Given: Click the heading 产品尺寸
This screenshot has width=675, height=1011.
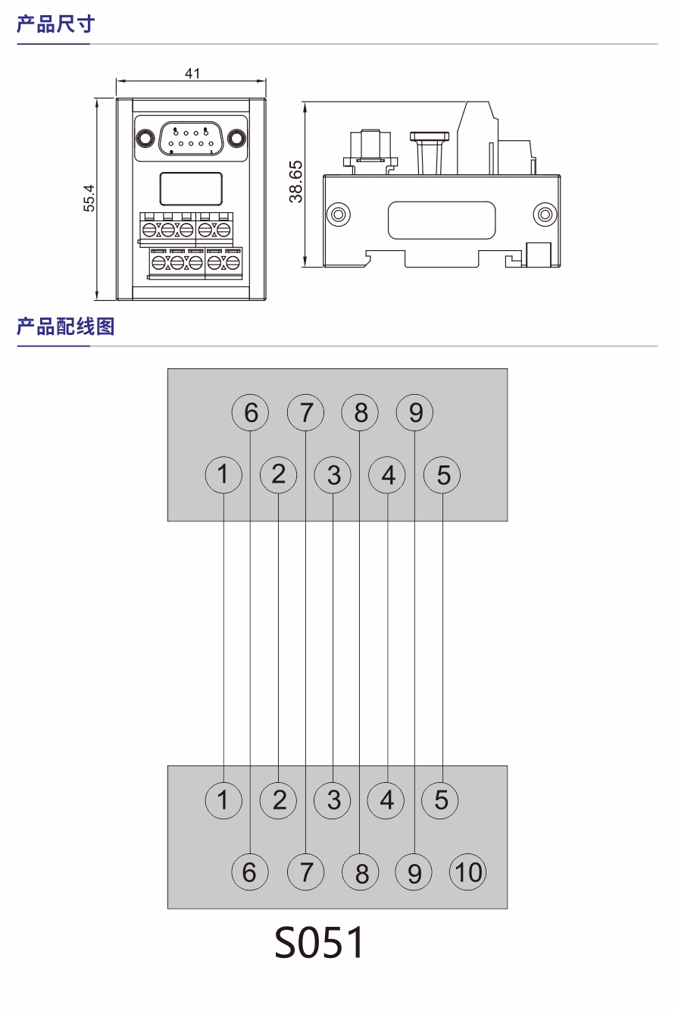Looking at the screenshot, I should (x=55, y=24).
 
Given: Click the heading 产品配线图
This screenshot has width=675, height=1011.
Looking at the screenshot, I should (x=65, y=327).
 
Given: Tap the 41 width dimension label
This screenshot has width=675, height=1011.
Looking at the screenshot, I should (x=192, y=73).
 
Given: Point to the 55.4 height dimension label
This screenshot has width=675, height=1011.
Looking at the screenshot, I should (x=89, y=198).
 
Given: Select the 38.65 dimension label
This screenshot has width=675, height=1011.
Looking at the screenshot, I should (x=296, y=181).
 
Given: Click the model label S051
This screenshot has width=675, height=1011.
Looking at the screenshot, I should (x=319, y=943).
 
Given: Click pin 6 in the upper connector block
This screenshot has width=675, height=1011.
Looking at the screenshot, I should (x=251, y=413).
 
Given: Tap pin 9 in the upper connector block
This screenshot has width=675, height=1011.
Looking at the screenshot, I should (x=415, y=413).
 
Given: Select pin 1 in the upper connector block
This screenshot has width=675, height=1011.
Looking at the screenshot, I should (x=223, y=475).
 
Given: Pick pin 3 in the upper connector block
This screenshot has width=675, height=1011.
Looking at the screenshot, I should (x=333, y=475).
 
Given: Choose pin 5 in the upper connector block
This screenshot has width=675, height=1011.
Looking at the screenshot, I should (x=443, y=475).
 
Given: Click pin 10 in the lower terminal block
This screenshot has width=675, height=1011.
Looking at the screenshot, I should (x=468, y=872).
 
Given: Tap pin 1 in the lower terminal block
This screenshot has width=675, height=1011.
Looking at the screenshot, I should (x=223, y=800).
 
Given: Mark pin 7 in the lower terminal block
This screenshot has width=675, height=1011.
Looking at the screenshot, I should (x=305, y=872).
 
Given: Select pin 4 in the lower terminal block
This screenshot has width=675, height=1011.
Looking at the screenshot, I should (x=387, y=800).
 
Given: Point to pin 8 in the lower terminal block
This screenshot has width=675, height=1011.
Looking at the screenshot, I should (x=361, y=872).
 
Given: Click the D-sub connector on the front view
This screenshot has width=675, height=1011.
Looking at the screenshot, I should (x=190, y=139).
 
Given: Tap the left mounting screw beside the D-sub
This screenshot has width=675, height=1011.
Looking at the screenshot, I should (x=143, y=139).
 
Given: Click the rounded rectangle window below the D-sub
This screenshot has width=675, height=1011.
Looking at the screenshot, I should (x=191, y=189).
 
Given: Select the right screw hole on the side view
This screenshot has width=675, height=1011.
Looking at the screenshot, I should (x=543, y=214).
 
